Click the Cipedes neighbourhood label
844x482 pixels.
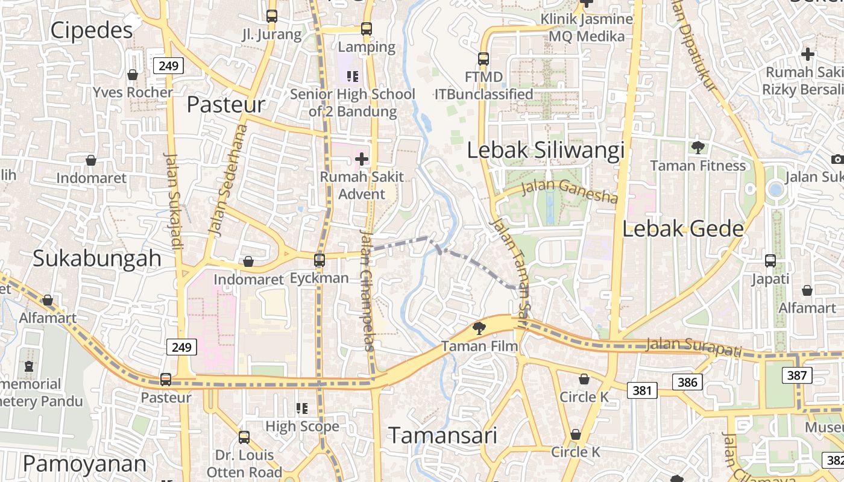coord(91,30)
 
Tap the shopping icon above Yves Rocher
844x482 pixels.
coord(133,75)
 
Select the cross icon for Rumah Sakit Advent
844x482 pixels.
coord(362,159)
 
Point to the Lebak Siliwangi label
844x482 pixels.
coord(546,151)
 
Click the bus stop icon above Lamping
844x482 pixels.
coord(367,28)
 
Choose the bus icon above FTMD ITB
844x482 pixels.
coord(483,59)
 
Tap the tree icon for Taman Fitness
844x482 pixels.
coord(698,147)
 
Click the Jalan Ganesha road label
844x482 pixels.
coord(569,190)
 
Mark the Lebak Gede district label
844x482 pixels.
coord(682,229)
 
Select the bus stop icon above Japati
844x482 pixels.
coord(770,261)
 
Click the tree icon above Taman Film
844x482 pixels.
coord(479,328)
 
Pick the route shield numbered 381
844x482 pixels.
coord(642,390)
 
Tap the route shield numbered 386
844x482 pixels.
coord(687,382)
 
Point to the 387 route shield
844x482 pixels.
coord(797,375)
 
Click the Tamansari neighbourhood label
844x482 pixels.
coord(442,435)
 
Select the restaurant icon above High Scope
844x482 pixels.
coord(302,408)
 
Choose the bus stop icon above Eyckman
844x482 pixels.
coord(320,260)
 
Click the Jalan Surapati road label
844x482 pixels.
coord(693,347)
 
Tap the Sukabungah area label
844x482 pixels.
coord(96,258)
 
